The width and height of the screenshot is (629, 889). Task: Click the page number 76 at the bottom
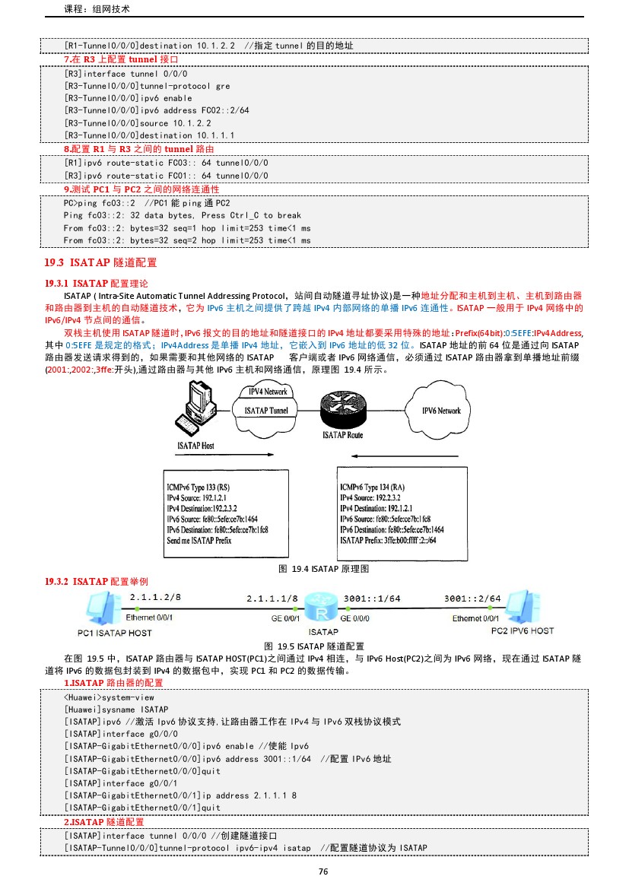323,872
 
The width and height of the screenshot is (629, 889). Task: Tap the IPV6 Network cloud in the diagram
441,411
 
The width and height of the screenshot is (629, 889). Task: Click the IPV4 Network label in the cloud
268,392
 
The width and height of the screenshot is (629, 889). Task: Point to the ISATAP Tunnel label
265,411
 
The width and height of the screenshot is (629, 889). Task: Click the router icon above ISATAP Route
344,410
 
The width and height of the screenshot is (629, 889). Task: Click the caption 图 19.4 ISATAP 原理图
324,569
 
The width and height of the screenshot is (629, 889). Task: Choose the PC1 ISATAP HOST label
114,633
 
